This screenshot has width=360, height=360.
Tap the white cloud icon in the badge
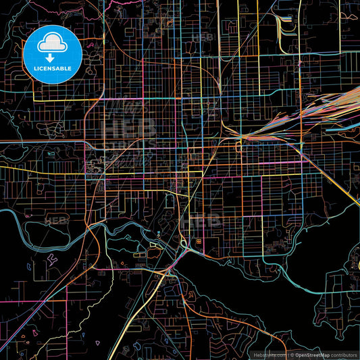point(53,43)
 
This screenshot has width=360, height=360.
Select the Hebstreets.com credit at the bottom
point(269,355)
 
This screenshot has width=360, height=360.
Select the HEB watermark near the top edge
point(203,37)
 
